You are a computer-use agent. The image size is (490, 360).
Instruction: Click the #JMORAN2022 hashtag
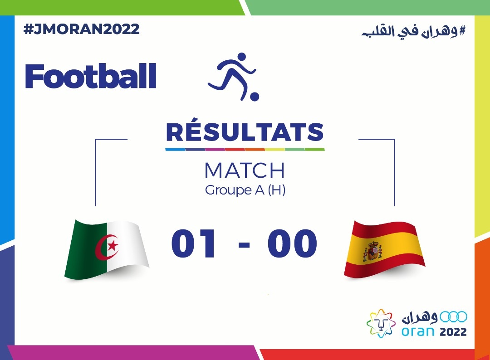(x=81, y=29)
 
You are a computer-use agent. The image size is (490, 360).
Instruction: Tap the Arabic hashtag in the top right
(x=413, y=31)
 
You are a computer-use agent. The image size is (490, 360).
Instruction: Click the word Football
(x=91, y=76)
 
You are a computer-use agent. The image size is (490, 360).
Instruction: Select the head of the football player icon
(x=242, y=58)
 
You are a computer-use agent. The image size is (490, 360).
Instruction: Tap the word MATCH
(x=245, y=170)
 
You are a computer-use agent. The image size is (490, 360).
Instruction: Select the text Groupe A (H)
(x=245, y=190)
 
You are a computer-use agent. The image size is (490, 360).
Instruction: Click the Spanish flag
(x=384, y=249)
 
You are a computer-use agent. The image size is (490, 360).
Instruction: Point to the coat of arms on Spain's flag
(x=372, y=251)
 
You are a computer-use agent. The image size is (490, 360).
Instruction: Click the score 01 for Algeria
(x=193, y=243)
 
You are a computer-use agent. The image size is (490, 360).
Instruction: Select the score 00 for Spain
(x=292, y=243)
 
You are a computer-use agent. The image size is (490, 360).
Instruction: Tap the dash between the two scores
(x=244, y=244)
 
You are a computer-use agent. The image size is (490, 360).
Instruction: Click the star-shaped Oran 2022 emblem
(x=381, y=323)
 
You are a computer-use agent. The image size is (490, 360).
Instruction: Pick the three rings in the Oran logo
(x=453, y=317)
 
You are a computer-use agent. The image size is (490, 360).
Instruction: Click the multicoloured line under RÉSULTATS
(x=245, y=150)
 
